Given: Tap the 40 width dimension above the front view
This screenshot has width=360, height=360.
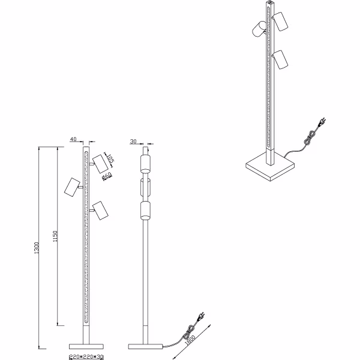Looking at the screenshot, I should [73, 140].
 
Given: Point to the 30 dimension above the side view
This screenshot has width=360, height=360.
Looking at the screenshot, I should [133, 141].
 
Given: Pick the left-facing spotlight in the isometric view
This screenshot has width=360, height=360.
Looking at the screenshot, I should [259, 29].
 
